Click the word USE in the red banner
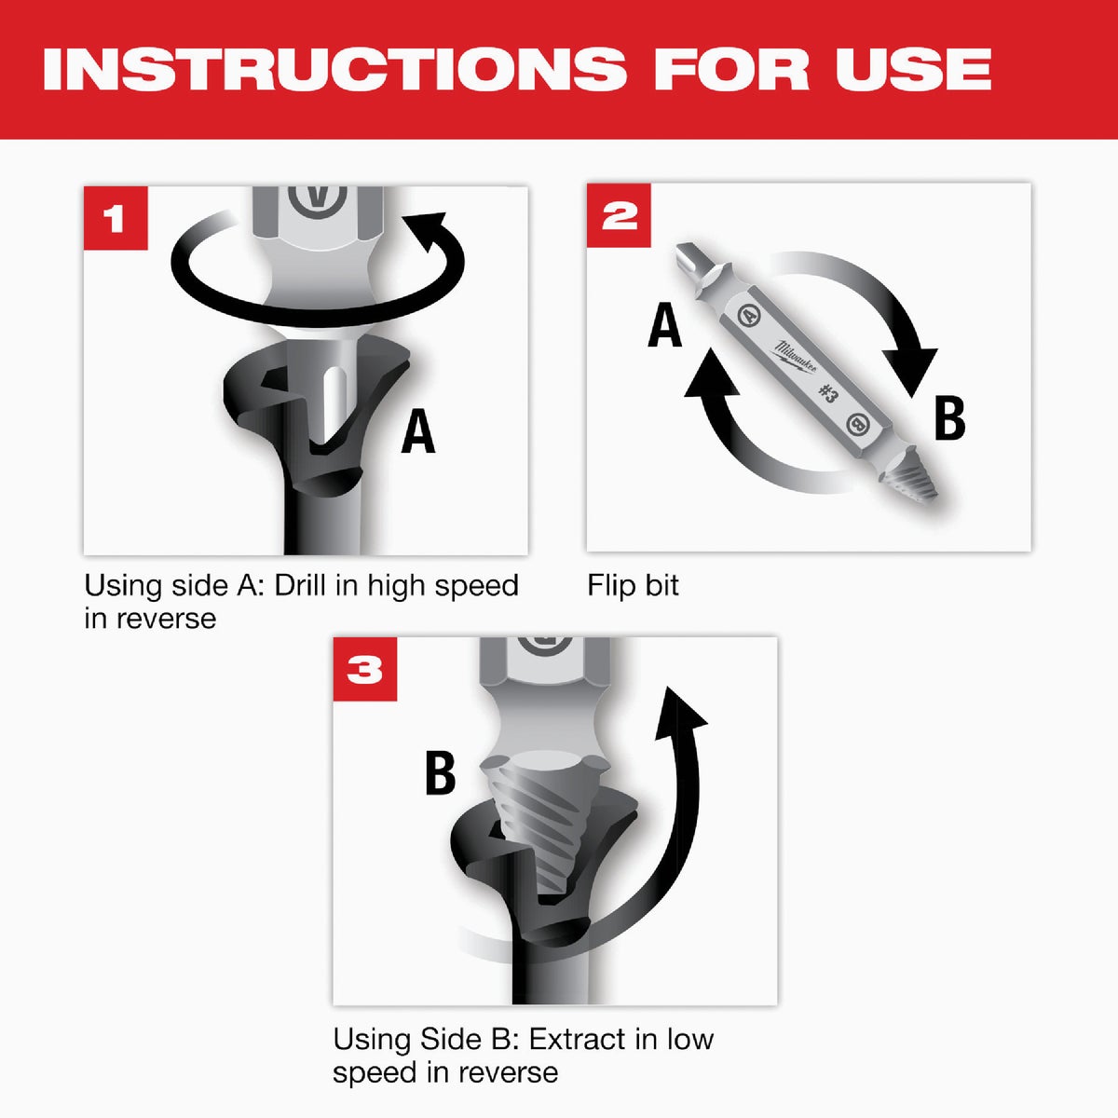[x=912, y=69]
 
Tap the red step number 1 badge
[x=115, y=219]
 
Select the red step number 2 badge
[x=619, y=215]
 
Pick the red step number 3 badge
[x=365, y=669]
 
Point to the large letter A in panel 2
[x=664, y=326]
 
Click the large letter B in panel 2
[x=949, y=418]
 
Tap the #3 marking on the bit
[x=826, y=391]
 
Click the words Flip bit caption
[x=633, y=585]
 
